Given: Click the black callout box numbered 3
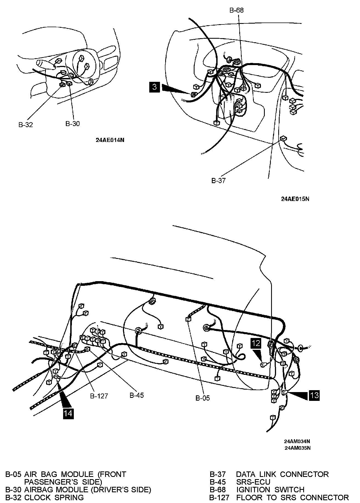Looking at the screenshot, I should tap(155, 87).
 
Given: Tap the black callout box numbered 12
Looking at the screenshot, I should tap(256, 343).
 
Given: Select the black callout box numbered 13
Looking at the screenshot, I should tap(314, 395).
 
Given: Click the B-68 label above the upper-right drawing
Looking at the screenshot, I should tap(236, 10).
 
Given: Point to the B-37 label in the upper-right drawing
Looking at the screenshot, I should tap(218, 181).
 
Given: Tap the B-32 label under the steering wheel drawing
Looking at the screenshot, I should tap(26, 125).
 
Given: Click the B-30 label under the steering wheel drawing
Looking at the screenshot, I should tap(72, 124).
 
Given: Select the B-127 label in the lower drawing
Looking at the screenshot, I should tap(99, 396).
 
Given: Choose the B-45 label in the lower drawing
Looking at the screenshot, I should tap(137, 395).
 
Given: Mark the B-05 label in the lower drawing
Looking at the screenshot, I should tap(203, 398).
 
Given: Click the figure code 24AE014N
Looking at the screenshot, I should tap(110, 140).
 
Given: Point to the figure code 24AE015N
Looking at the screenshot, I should tap(295, 199).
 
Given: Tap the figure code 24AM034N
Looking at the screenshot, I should tap(297, 441).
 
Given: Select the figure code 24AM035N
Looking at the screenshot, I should tap(297, 448).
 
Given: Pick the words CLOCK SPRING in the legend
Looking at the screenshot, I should tap(54, 497).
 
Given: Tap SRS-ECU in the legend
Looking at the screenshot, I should tap(253, 482).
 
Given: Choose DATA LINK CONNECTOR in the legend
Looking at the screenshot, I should tap(282, 474).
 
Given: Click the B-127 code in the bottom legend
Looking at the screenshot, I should tap(219, 497).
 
